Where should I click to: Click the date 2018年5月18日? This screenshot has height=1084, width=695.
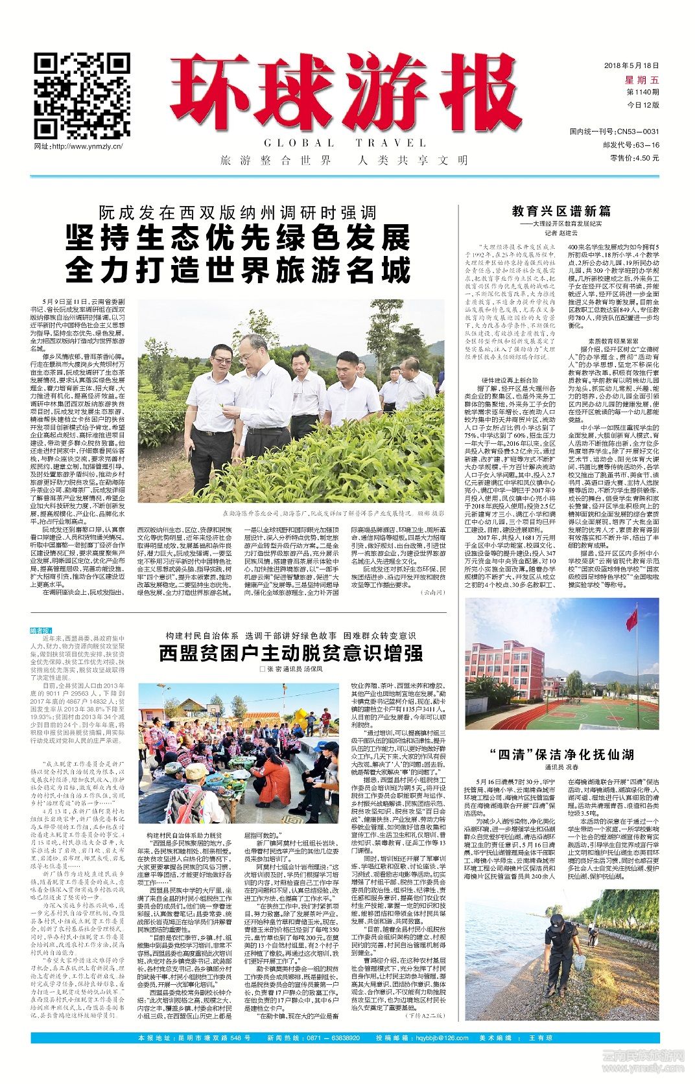tap(631, 66)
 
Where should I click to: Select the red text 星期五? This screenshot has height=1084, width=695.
tap(641, 80)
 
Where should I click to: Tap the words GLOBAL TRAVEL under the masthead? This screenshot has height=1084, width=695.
tap(345, 143)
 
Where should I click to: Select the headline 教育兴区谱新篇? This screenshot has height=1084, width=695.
tap(561, 211)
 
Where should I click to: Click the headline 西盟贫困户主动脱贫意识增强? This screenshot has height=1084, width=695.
tap(290, 652)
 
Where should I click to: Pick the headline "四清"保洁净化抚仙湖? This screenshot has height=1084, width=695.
tap(561, 754)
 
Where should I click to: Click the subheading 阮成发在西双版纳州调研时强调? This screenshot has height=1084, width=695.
tap(237, 213)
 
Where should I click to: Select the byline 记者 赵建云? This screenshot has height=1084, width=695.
tap(561, 233)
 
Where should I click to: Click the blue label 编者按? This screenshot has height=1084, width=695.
tap(42, 630)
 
